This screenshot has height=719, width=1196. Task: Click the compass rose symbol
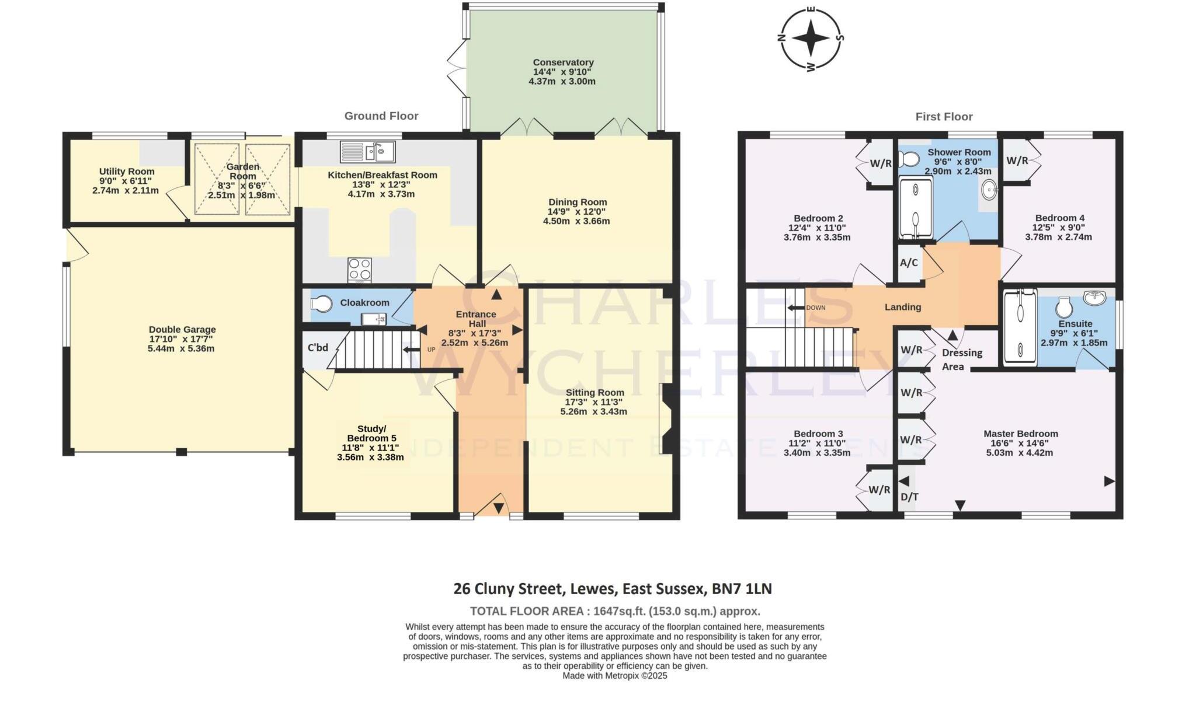[x=811, y=39]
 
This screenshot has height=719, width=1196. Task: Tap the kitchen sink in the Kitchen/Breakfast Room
[x=368, y=152]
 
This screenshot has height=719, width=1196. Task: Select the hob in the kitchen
[x=360, y=270]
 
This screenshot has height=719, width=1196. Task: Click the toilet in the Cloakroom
[x=321, y=303]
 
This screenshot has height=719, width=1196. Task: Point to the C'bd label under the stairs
[x=318, y=348]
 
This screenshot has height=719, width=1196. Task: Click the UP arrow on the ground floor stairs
[x=412, y=350]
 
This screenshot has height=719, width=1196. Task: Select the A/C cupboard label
[x=909, y=263]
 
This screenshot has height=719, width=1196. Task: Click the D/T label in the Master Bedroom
[x=909, y=497]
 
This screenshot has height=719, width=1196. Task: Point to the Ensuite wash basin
[x=1094, y=298]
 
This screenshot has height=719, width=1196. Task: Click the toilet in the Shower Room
[x=910, y=158]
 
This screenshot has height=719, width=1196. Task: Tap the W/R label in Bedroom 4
[x=1017, y=160]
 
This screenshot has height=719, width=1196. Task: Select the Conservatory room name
[x=563, y=62]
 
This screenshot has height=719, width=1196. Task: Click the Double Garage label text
[x=182, y=329]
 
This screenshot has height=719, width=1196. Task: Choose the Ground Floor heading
[x=381, y=116]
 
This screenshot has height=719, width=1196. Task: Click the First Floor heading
[x=944, y=117]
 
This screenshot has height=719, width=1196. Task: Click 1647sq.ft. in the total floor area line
[x=620, y=612]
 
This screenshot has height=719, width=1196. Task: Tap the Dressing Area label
[x=962, y=359]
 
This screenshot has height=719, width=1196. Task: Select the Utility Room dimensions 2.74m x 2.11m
[x=126, y=190]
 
